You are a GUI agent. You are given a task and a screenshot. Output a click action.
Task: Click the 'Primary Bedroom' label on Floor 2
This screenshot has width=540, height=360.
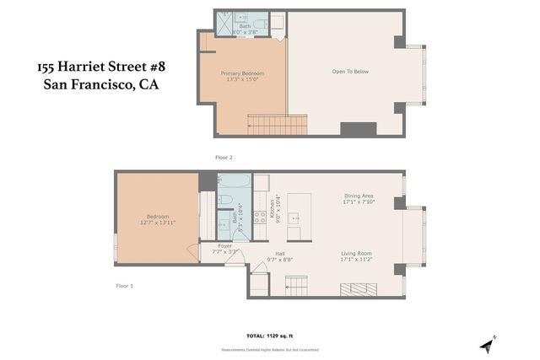pos(243,73)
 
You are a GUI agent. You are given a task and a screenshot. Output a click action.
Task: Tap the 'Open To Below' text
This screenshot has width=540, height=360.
pos(350,72)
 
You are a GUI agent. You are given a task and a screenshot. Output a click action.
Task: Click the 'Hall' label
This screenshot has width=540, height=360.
pos(279,254)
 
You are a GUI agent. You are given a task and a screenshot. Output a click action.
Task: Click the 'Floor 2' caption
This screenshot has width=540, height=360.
pos(224,158)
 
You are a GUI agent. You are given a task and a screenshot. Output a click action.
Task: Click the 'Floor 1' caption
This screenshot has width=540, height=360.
pos(125,286)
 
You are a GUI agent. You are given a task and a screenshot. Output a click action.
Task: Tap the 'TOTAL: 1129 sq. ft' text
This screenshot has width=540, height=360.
pos(270,336)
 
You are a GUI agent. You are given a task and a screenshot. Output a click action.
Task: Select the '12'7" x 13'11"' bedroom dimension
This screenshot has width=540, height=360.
pos(157,223)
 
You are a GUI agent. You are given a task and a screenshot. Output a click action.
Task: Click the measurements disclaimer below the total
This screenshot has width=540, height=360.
pos(270,349)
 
